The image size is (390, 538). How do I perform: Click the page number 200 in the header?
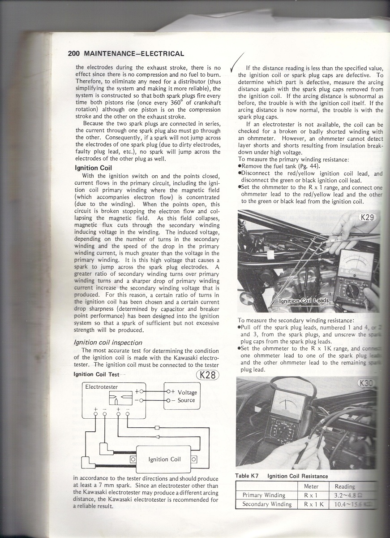[x=74, y=54]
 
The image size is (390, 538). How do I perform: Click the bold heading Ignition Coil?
[x=93, y=168]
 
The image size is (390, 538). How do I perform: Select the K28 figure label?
[x=207, y=375]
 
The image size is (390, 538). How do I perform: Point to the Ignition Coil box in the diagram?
[x=164, y=459]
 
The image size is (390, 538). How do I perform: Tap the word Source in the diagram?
[x=186, y=400]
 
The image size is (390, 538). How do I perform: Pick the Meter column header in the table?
[x=311, y=486]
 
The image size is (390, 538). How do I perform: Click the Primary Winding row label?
[x=263, y=495]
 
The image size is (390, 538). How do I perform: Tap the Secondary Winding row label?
[x=266, y=504]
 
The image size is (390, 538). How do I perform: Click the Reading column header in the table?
[x=345, y=486]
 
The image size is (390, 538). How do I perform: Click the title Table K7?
[x=248, y=476]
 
